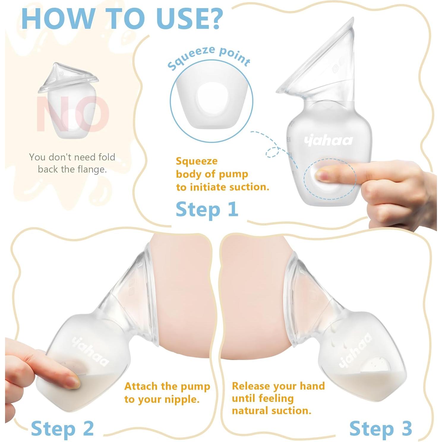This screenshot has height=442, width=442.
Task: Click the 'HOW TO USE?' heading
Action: pyautogui.click(x=122, y=18)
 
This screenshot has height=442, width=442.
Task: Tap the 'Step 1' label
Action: pyautogui.click(x=207, y=209)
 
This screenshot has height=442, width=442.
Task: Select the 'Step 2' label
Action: pyautogui.click(x=62, y=429)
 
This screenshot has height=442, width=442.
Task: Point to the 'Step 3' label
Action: pyautogui.click(x=381, y=429)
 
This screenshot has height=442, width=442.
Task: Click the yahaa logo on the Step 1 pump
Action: pyautogui.click(x=328, y=140)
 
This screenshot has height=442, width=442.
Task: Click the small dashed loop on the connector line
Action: pyautogui.click(x=271, y=152)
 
